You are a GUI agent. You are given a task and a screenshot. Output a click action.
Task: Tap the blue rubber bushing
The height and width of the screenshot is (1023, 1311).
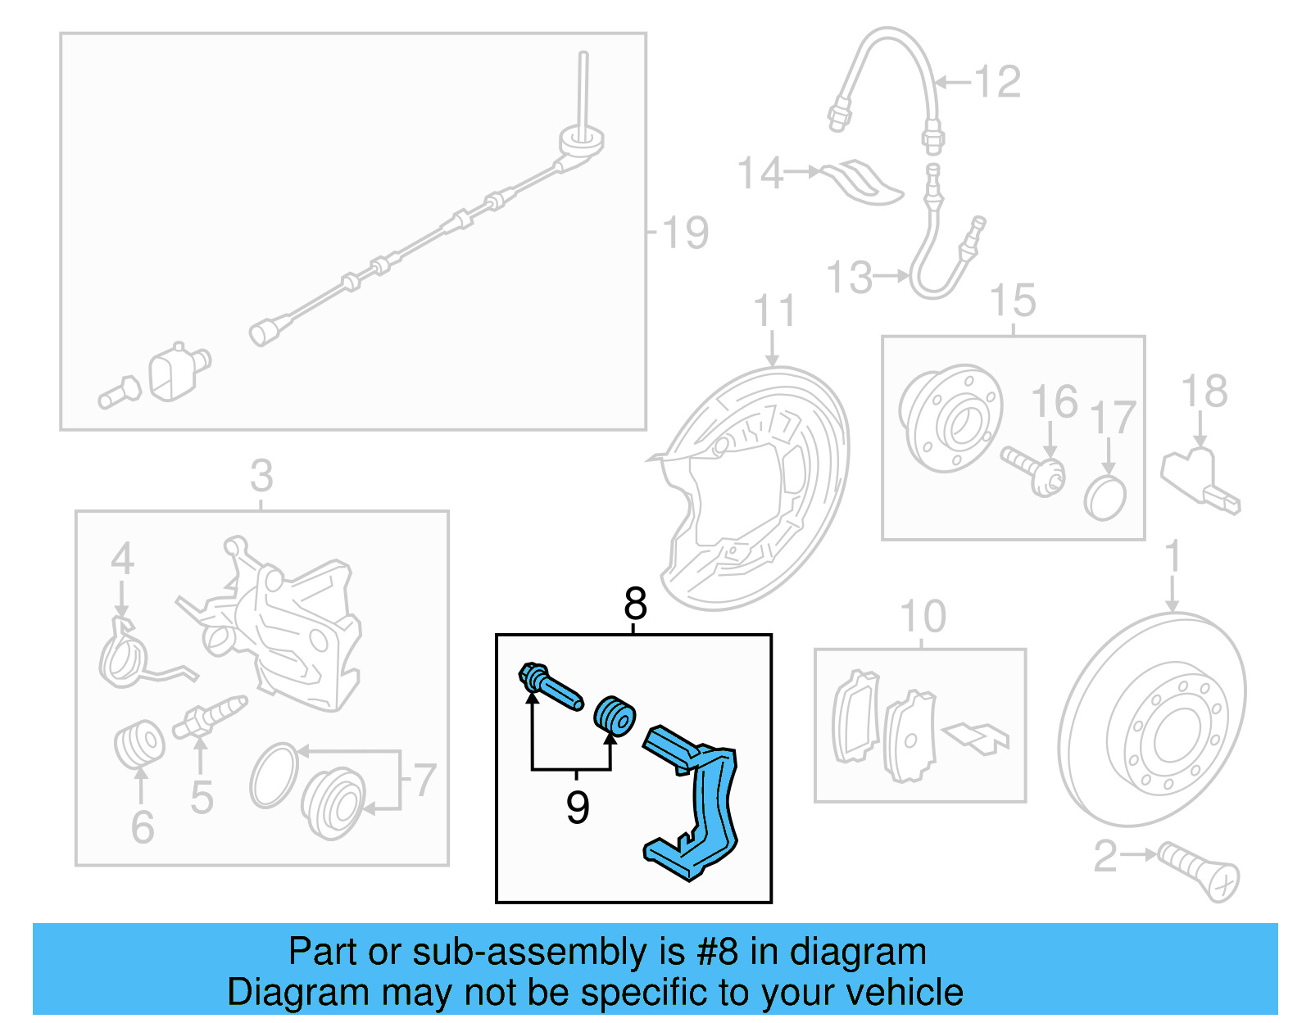(x=615, y=717)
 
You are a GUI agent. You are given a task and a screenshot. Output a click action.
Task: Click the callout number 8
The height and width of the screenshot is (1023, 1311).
(x=635, y=604)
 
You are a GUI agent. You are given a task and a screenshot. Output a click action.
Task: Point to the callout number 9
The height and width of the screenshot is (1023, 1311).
(x=578, y=808)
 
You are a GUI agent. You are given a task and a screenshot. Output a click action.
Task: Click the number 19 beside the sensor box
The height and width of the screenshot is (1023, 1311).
(x=685, y=233)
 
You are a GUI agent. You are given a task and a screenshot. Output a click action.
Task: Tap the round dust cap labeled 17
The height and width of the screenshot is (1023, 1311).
(x=1105, y=498)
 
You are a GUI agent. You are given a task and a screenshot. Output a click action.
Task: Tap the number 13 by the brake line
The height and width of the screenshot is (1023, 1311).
(x=850, y=278)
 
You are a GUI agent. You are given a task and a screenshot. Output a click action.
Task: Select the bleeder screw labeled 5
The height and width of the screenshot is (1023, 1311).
(x=211, y=717)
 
